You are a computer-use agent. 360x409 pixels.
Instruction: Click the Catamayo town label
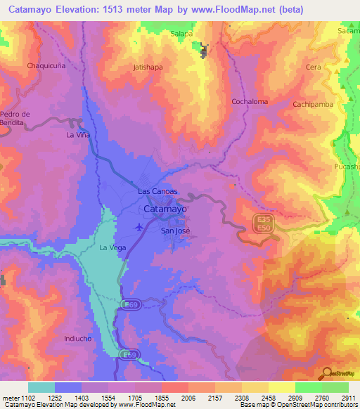point(165,209)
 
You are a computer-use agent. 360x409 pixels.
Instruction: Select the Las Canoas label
point(157,191)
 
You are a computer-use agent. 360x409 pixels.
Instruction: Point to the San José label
point(175,231)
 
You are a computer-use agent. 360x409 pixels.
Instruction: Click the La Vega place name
point(112,247)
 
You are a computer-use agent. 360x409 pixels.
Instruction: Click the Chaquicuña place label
point(46,65)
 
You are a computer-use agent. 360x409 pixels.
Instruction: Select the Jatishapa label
point(148,68)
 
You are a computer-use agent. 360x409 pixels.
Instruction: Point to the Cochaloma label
point(250,101)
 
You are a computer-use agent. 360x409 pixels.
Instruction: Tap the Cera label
point(314,67)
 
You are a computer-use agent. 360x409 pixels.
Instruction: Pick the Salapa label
point(181,33)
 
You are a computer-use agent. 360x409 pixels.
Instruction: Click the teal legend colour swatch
point(41,387)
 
